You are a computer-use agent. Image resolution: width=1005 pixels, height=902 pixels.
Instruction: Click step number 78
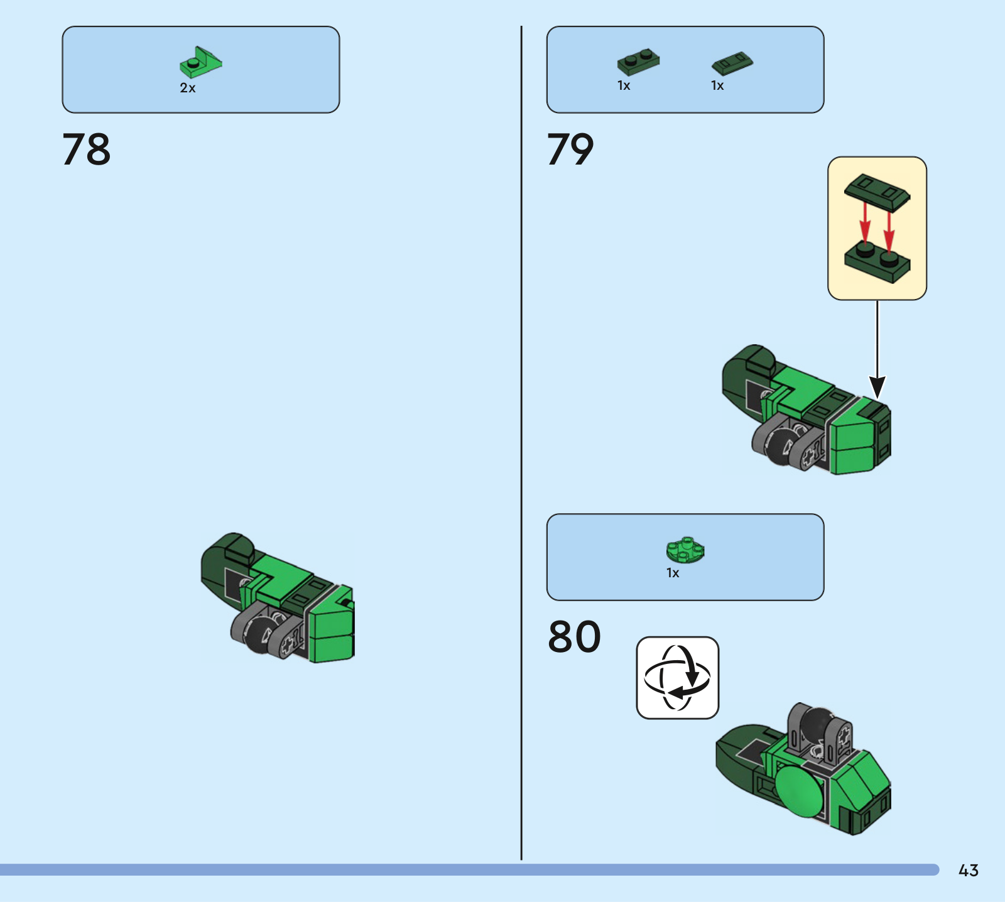(x=86, y=149)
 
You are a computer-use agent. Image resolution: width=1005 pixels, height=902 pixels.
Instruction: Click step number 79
(x=570, y=149)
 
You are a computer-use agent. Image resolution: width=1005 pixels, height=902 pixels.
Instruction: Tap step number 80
(x=574, y=637)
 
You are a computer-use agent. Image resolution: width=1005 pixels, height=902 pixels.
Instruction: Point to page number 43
(x=968, y=870)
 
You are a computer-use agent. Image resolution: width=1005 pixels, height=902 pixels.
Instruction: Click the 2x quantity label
(x=188, y=88)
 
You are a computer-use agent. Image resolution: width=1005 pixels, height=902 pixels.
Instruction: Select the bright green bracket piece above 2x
(x=201, y=62)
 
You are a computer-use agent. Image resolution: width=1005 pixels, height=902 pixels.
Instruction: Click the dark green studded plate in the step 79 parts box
(x=638, y=62)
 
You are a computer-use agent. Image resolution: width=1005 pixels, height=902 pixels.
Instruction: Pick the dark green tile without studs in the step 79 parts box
(x=732, y=63)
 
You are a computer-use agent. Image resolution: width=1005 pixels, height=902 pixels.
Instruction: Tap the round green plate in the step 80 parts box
(x=685, y=550)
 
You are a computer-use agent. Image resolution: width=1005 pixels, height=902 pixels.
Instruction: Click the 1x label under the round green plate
(x=673, y=573)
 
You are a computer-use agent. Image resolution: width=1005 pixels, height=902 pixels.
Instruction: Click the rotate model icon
(x=677, y=678)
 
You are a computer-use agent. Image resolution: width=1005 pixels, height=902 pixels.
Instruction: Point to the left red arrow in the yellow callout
(x=865, y=222)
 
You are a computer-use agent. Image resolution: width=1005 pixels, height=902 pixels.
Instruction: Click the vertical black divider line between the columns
(x=521, y=443)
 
